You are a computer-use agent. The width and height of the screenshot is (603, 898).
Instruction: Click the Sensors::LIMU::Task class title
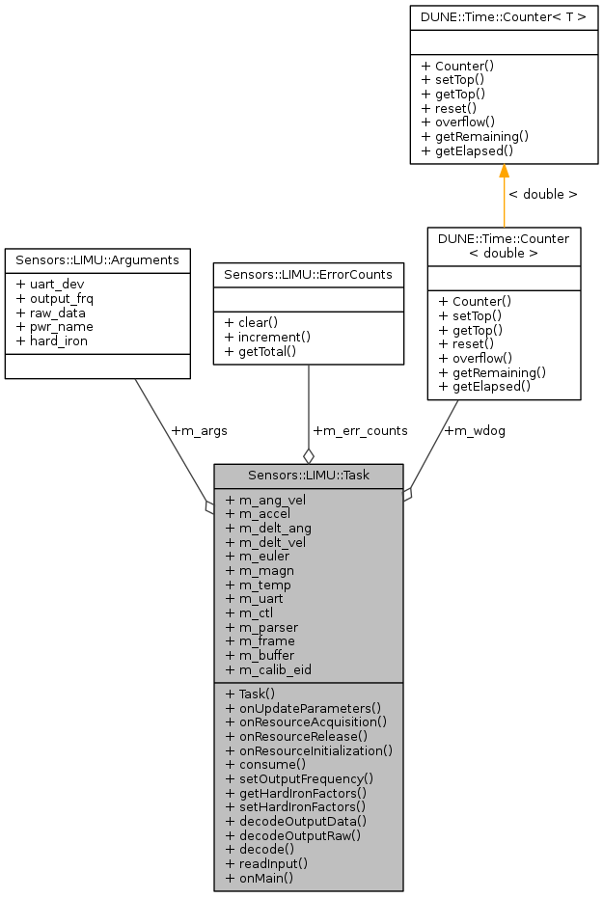coord(308,475)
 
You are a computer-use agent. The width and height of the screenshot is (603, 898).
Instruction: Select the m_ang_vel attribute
coord(265,500)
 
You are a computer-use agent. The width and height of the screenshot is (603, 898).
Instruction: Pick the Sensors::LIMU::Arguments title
coord(97,260)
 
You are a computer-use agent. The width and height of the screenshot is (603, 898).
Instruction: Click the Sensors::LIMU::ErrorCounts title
coord(308,274)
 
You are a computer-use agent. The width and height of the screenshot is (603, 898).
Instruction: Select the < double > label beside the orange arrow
coord(542,194)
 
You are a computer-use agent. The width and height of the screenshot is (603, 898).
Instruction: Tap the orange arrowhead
coord(504,172)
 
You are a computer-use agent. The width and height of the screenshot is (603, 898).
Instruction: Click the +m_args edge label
coord(198,430)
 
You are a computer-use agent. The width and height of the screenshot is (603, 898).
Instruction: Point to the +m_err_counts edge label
coord(360,430)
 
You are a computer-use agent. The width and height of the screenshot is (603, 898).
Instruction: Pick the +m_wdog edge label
coord(474,430)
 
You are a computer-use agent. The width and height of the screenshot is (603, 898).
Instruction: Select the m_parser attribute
coord(261,627)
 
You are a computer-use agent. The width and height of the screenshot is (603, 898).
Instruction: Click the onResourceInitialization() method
coord(309,749)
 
